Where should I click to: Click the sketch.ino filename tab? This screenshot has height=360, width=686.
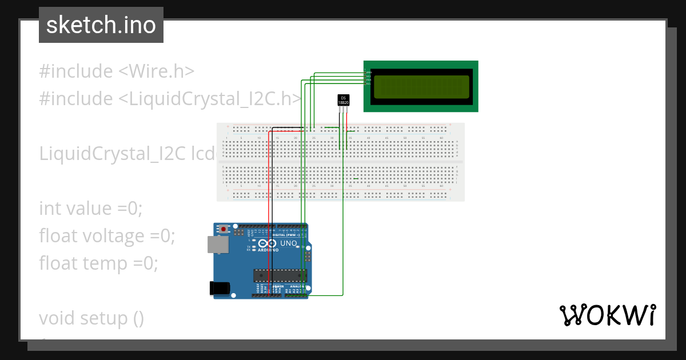point(101,25)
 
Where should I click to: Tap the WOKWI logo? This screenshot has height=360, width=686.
point(607,315)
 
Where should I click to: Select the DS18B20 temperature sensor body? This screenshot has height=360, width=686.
point(344,100)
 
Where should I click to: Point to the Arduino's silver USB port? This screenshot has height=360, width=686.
point(217,245)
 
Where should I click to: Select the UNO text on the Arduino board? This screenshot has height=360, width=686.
point(289,243)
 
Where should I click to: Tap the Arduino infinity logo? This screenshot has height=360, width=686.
point(269,244)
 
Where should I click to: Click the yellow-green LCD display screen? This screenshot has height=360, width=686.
point(421,87)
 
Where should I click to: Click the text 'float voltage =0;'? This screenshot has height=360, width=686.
point(107,235)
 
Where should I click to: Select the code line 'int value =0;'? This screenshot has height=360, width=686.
point(90,208)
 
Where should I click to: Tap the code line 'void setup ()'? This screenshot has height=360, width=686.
point(91,318)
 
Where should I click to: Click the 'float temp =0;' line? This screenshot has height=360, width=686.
point(98,263)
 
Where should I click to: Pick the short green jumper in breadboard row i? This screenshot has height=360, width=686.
point(356,179)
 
